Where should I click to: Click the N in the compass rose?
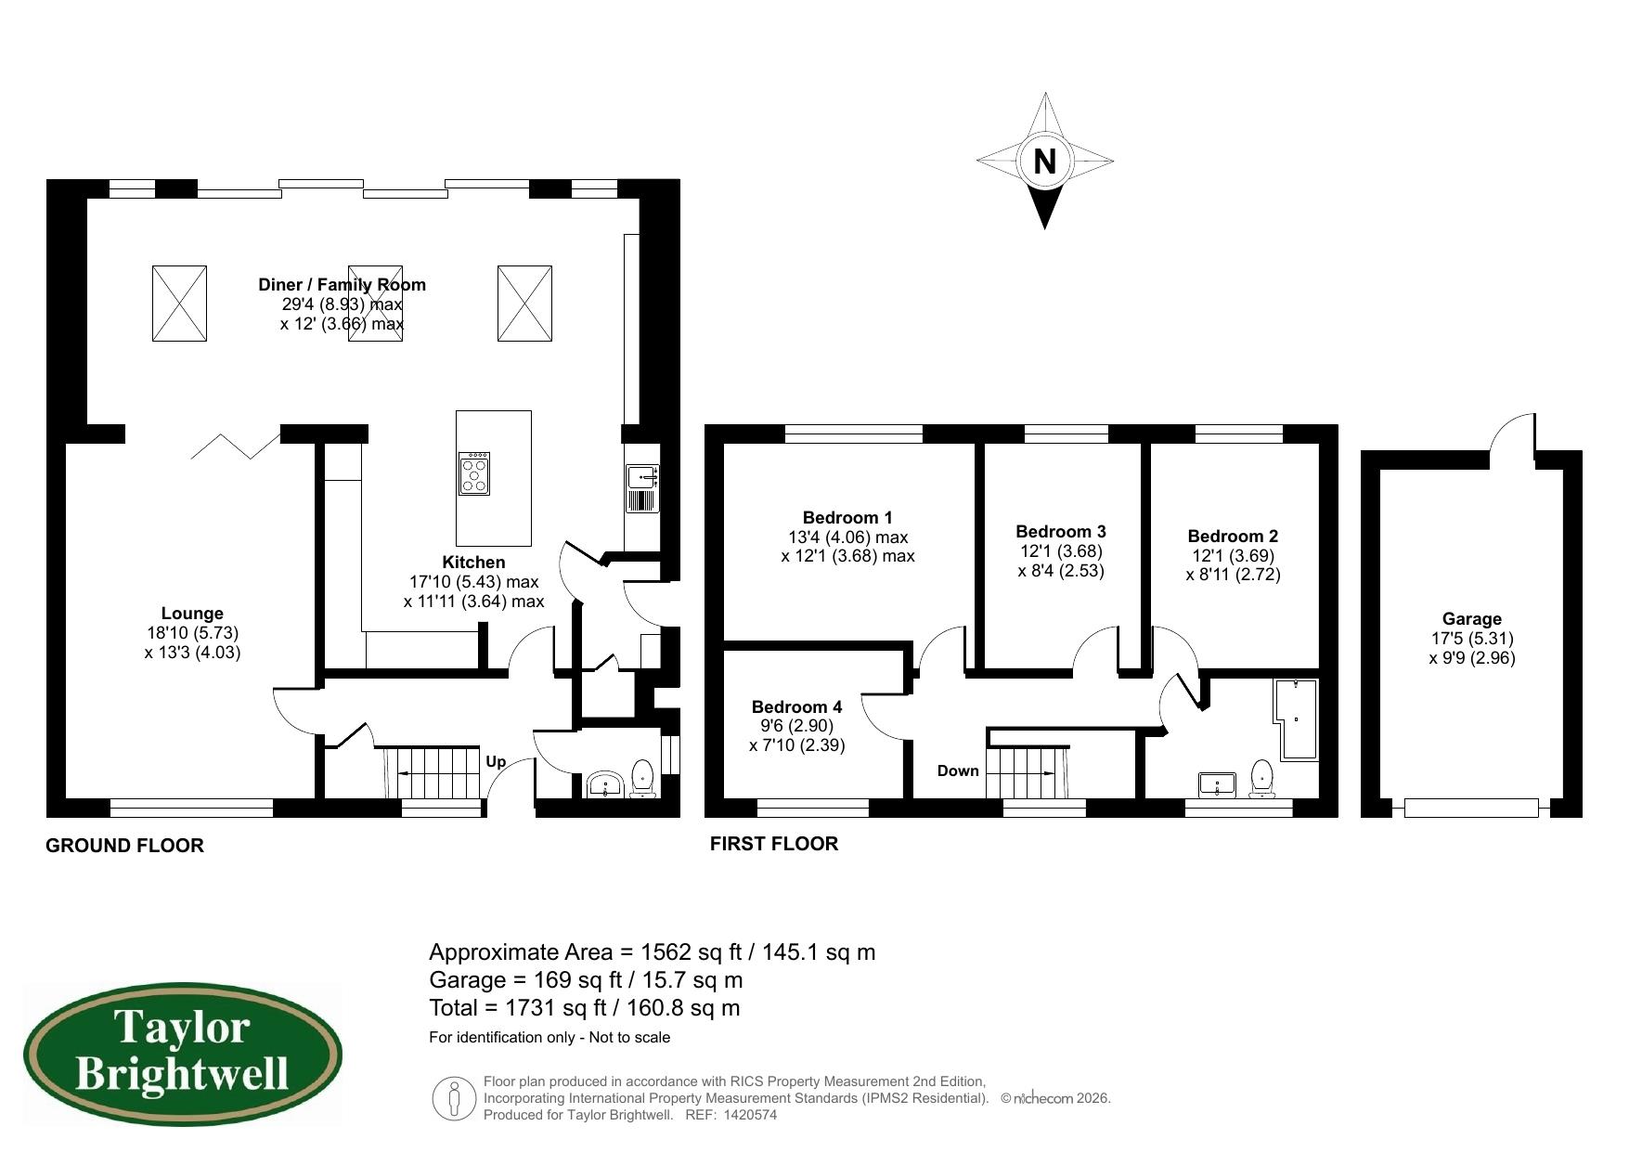[1044, 162]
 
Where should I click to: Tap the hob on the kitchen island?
[474, 473]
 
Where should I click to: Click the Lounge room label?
[192, 614]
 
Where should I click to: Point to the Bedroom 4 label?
[796, 706]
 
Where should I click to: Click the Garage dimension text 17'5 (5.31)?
[1471, 639]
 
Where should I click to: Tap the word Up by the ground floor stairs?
[496, 761]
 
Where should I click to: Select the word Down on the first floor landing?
[958, 770]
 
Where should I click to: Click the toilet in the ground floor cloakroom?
[642, 778]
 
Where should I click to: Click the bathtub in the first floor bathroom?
[1297, 719]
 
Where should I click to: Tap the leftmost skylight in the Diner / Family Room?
[179, 303]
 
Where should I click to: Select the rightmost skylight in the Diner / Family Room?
[524, 303]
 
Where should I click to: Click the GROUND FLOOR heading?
[124, 846]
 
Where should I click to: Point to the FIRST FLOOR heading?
[773, 844]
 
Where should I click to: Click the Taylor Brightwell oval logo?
[183, 1054]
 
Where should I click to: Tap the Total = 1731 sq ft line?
[584, 1008]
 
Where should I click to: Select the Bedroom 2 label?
[1233, 536]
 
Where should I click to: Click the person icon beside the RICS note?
[454, 1098]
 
